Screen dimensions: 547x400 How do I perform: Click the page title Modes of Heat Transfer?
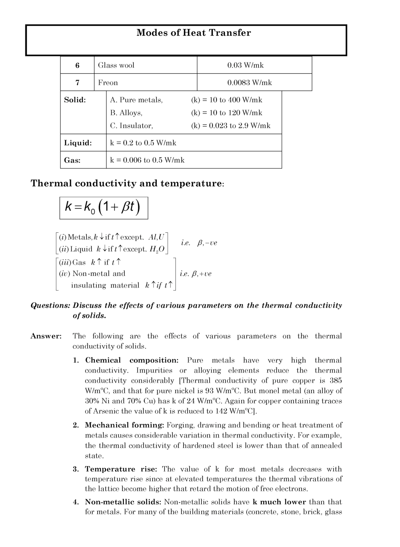click(x=194, y=33)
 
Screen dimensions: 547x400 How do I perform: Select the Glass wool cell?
click(x=117, y=65)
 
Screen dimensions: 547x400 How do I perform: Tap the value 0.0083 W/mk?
click(x=250, y=83)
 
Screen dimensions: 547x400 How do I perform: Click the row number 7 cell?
click(x=77, y=83)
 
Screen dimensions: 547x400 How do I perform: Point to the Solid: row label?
click(x=75, y=100)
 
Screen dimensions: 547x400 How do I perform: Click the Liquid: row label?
click(x=78, y=143)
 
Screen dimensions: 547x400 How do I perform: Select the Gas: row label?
click(x=73, y=160)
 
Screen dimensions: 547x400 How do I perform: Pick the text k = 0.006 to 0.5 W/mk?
click(x=147, y=160)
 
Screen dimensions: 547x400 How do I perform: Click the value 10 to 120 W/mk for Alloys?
click(x=227, y=113)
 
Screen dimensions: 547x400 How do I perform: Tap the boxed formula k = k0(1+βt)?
click(x=104, y=208)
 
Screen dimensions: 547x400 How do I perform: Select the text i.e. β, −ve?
click(x=199, y=243)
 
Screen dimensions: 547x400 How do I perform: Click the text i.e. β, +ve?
click(x=196, y=274)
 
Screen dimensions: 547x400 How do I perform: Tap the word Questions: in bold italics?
click(x=50, y=306)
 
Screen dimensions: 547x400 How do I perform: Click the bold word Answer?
click(x=46, y=336)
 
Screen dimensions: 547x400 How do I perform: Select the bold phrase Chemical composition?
click(x=131, y=361)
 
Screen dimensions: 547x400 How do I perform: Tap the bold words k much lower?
click(x=279, y=502)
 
